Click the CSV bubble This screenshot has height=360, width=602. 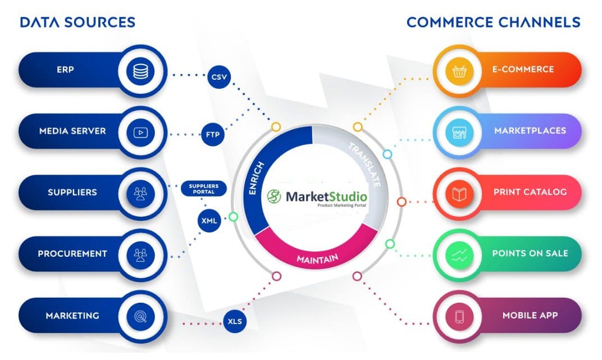[x=219, y=77]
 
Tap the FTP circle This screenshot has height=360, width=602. [x=213, y=134]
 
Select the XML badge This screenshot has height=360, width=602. [x=209, y=221]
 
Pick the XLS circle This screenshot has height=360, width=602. [x=235, y=321]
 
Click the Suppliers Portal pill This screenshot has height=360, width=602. [x=203, y=189]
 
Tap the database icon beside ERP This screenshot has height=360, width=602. [x=140, y=71]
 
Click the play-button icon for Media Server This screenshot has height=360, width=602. [x=140, y=133]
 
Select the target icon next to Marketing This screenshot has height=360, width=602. [x=140, y=316]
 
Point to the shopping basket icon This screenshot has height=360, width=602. [x=459, y=71]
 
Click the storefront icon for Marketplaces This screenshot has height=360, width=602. [x=459, y=133]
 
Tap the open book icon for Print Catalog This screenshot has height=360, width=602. [x=459, y=194]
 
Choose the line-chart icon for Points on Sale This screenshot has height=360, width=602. [x=459, y=255]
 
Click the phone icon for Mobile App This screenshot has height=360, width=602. [x=459, y=317]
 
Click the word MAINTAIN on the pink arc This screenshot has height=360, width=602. [x=317, y=259]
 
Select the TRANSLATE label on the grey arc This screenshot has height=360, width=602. [x=364, y=164]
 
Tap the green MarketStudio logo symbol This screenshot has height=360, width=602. [x=274, y=196]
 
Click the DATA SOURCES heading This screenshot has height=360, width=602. [x=77, y=22]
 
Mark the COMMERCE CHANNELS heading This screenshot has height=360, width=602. [x=494, y=22]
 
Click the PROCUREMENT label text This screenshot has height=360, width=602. [x=72, y=254]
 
